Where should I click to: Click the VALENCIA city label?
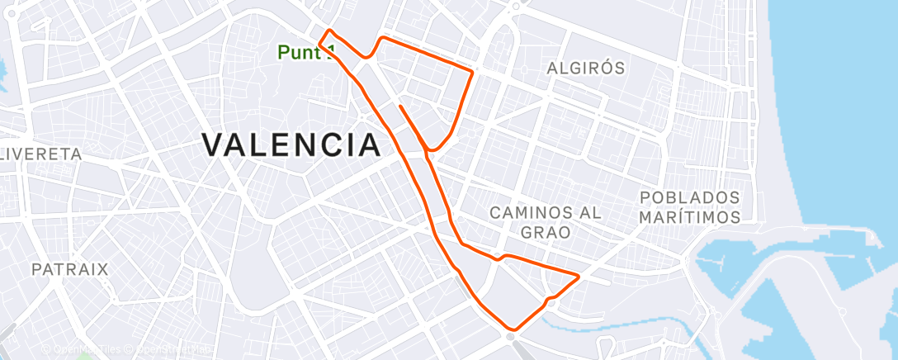tap(291, 145)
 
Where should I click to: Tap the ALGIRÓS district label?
tap(586, 69)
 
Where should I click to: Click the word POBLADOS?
tap(690, 198)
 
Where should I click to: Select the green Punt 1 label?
tap(304, 52)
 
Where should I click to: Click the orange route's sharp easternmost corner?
tap(579, 275)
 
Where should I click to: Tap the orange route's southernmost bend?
tap(514, 329)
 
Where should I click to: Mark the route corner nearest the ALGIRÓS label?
tap(472, 72)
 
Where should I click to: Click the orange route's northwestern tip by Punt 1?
tap(329, 31)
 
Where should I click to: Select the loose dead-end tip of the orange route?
tap(399, 107)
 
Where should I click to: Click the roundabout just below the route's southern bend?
tap(511, 338)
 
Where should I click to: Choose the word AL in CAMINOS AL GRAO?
tap(589, 213)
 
